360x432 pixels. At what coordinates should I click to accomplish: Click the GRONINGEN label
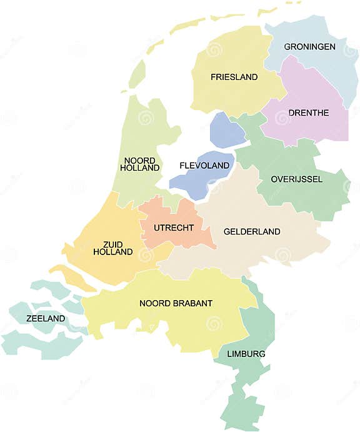tap(309, 47)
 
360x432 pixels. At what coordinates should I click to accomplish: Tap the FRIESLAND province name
tap(234, 77)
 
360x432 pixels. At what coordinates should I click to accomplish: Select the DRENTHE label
tap(309, 113)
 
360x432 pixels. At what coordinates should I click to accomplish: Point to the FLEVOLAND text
tap(204, 166)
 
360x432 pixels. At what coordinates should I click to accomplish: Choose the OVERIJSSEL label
tap(296, 179)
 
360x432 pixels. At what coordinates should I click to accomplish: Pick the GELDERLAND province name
tap(252, 231)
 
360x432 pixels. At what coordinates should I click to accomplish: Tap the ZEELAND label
tap(46, 318)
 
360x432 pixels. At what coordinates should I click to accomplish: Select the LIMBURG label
tap(246, 354)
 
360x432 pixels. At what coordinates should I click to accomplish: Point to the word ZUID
tap(113, 244)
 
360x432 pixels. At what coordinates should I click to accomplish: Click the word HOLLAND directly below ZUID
tap(113, 252)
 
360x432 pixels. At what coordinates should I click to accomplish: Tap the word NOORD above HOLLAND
tap(139, 160)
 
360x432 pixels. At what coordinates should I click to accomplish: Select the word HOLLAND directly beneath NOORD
tap(139, 168)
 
